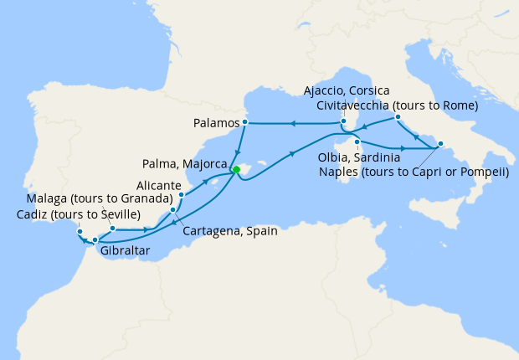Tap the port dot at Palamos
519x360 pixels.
(x=244, y=123)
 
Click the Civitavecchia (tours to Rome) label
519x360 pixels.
(x=398, y=105)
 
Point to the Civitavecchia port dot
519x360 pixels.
(x=398, y=117)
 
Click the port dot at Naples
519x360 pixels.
(x=440, y=142)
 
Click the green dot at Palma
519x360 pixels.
(x=236, y=170)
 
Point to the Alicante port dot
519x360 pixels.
(x=181, y=195)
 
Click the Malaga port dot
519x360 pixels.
(x=112, y=228)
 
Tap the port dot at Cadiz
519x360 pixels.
(x=80, y=231)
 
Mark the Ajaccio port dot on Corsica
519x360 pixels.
(x=344, y=123)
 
